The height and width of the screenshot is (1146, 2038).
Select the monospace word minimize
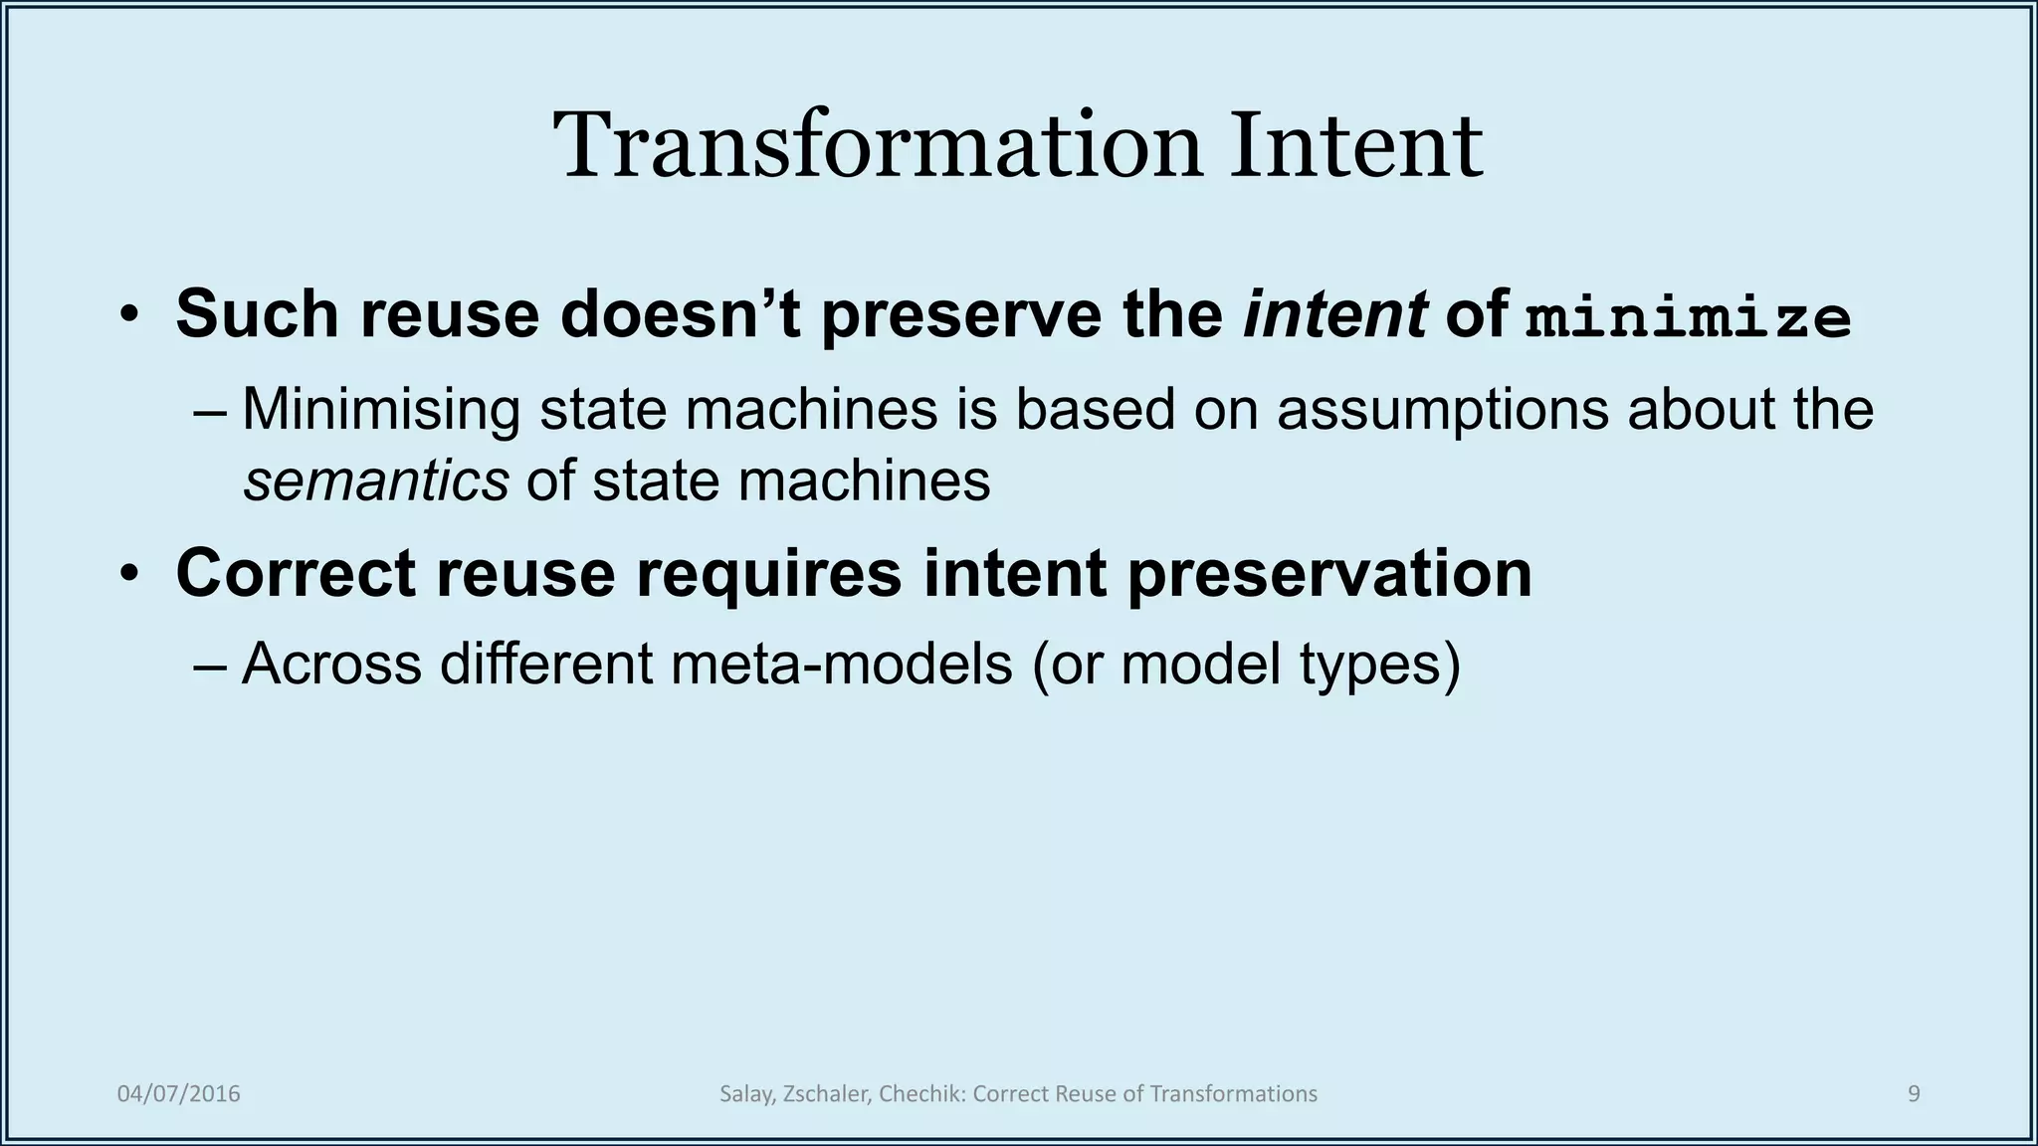[1688, 317]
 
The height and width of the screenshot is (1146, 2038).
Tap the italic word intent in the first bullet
[1334, 314]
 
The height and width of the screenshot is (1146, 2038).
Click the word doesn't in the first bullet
[681, 314]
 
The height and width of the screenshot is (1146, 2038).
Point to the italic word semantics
[376, 481]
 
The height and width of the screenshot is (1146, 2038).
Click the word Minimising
[381, 409]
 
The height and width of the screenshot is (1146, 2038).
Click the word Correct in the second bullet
[295, 573]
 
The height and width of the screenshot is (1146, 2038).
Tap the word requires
[768, 575]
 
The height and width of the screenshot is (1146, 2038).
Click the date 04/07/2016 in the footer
[179, 1094]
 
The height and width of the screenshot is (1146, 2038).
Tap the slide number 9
[1914, 1094]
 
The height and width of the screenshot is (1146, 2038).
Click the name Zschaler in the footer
[828, 1094]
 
